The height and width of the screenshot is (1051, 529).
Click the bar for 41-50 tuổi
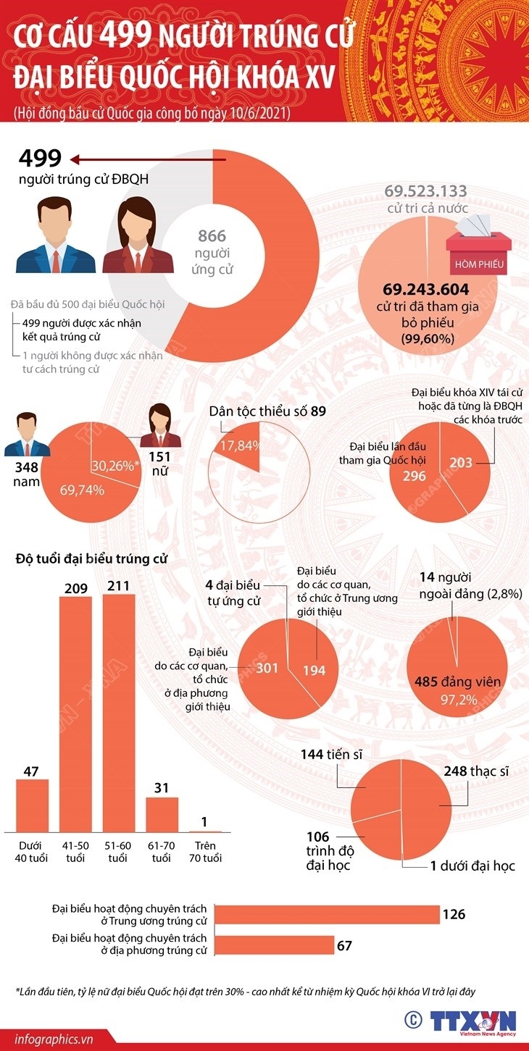(x=75, y=713)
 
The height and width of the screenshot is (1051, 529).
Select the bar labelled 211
(x=119, y=713)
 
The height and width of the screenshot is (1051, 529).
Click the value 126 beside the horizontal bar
(x=454, y=914)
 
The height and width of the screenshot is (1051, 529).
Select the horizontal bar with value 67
(x=275, y=945)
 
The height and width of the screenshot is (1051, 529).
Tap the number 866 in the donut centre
(x=212, y=235)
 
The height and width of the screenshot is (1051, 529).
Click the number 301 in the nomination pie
(x=267, y=667)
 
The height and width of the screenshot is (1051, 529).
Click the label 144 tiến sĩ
(x=331, y=755)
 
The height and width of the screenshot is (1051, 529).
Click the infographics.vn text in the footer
(x=48, y=1039)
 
